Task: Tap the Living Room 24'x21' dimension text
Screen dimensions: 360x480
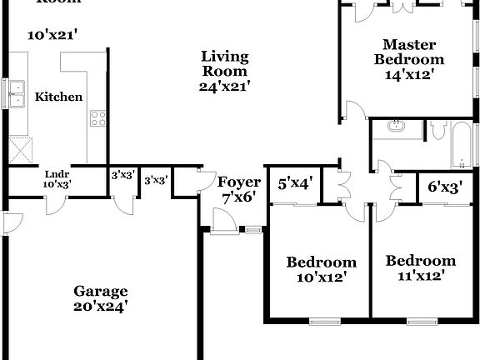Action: (x=225, y=85)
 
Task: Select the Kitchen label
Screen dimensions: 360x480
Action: (x=58, y=97)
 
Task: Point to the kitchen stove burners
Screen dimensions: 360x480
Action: (x=97, y=118)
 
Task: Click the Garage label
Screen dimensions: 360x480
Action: (x=101, y=291)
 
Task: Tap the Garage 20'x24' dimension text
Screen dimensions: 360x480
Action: (x=101, y=307)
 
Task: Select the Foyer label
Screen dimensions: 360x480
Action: (x=236, y=182)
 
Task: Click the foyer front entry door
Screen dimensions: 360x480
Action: (x=222, y=222)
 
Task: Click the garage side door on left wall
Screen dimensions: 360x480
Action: (x=7, y=222)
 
